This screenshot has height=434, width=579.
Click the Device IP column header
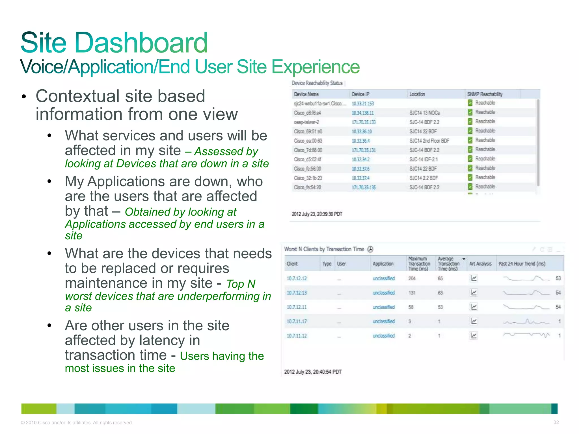click(360, 94)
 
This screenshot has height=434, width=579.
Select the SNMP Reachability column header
click(485, 94)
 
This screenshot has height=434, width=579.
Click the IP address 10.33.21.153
click(363, 104)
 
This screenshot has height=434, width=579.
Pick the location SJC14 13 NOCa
click(424, 113)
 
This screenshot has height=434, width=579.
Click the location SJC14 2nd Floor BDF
click(429, 141)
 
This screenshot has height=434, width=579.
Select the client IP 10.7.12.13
click(297, 293)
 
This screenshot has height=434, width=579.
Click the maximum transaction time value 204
click(412, 278)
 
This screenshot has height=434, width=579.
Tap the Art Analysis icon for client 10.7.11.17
click(474, 321)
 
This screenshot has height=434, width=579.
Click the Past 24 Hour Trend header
click(522, 264)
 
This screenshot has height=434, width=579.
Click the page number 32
click(556, 422)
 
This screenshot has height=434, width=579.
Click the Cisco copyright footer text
click(77, 423)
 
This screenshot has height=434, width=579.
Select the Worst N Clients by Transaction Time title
click(324, 249)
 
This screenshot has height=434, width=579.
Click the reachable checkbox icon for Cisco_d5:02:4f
click(470, 159)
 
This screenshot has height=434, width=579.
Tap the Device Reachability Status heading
click(317, 83)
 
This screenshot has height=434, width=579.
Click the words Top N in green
click(241, 284)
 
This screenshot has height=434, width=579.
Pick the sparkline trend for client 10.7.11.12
click(526, 335)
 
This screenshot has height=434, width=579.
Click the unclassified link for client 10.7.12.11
click(383, 307)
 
